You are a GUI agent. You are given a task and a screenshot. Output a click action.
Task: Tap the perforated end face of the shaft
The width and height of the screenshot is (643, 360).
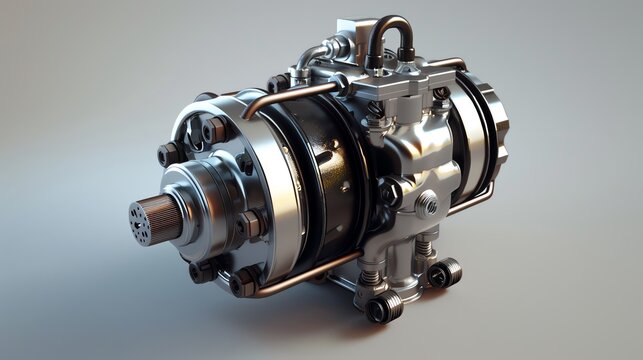[140, 222]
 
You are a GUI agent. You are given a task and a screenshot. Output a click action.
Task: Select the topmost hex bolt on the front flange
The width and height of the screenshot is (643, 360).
[213, 129]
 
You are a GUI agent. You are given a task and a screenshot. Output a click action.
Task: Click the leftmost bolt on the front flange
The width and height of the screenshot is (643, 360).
[168, 153]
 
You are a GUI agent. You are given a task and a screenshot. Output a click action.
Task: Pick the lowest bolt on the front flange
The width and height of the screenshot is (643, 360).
[242, 283]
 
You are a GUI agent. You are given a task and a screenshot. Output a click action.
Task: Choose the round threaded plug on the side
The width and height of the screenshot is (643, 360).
[427, 205]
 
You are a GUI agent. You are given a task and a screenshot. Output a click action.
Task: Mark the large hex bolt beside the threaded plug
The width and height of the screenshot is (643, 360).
[390, 191]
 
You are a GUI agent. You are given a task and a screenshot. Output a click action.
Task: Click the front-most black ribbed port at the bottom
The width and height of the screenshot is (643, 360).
[384, 307]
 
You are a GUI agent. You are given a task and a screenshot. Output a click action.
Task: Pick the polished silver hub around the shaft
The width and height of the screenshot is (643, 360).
[200, 205]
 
